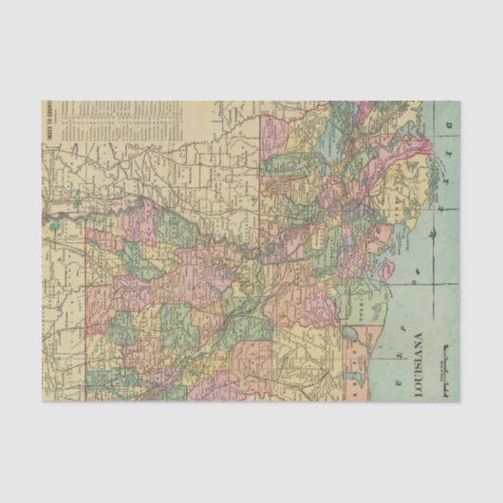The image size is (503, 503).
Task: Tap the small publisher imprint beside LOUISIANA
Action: tap(441, 364)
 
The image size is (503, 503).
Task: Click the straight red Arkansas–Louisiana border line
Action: tap(87, 313)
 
